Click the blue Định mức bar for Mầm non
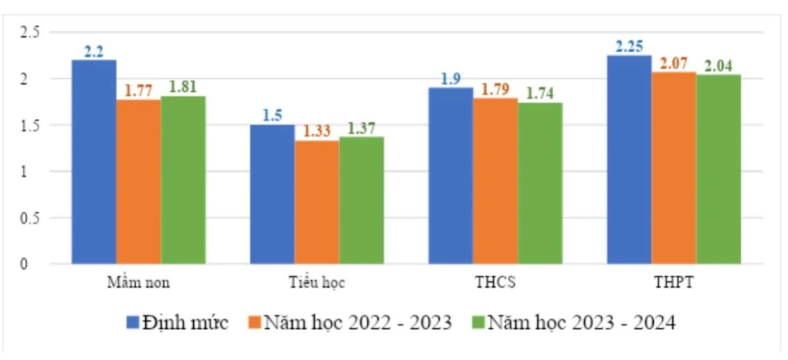(94, 162)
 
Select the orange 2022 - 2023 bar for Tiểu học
(317, 202)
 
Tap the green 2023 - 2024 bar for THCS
(540, 183)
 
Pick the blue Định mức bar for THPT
(629, 159)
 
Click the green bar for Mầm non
(183, 180)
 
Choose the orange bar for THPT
(673, 167)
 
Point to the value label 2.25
(629, 47)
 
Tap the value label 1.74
(540, 94)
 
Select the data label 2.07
(673, 63)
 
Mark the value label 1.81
(183, 88)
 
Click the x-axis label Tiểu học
(317, 283)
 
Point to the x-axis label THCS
(495, 283)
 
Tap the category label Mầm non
(138, 283)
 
